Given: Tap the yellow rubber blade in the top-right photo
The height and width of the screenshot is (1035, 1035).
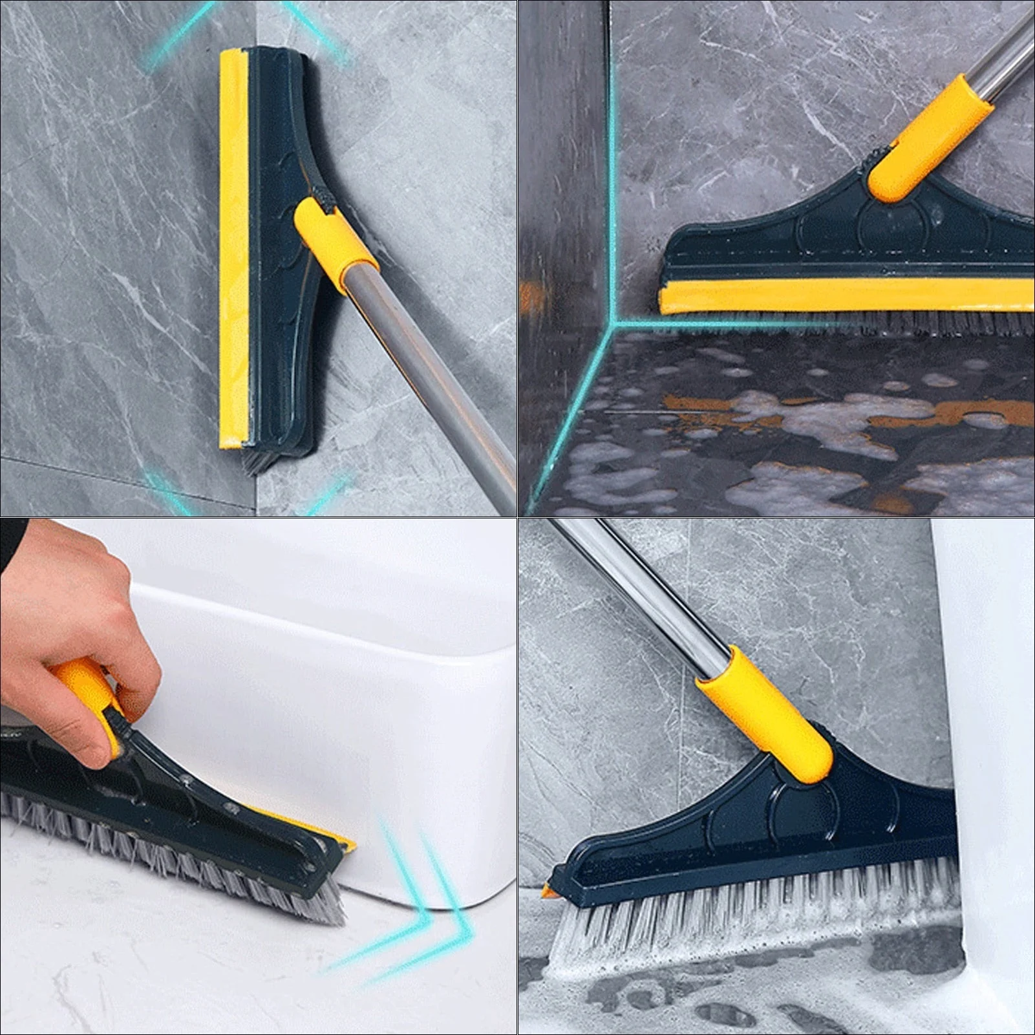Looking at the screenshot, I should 840,297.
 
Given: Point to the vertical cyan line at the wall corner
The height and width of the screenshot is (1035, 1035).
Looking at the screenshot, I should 610,162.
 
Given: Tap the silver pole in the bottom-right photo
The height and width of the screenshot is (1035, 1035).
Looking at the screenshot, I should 646,595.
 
